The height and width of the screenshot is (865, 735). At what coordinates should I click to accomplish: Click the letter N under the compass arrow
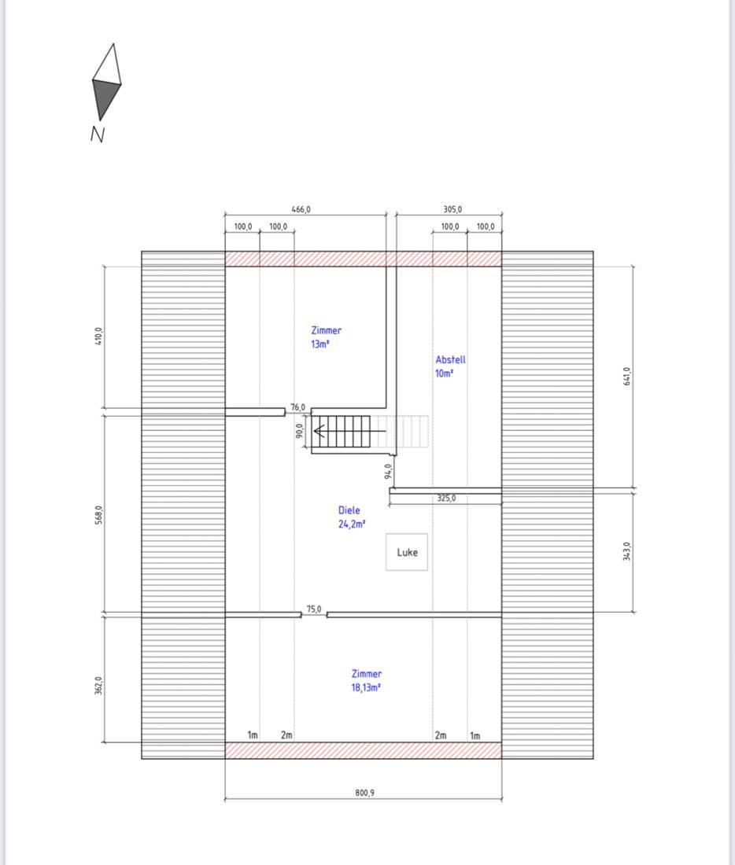click(x=98, y=134)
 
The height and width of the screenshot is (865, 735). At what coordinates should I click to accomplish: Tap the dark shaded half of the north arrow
click(x=104, y=98)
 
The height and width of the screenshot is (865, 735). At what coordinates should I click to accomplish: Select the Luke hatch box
click(x=406, y=552)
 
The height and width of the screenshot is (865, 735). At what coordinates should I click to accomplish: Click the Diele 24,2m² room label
click(x=352, y=517)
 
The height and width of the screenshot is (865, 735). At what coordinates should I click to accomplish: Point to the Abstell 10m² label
click(x=450, y=366)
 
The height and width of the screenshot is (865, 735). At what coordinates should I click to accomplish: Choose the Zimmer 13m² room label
click(x=326, y=337)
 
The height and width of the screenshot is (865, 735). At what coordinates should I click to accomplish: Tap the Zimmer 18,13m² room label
click(x=366, y=680)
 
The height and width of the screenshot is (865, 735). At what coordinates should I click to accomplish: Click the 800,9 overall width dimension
click(x=364, y=793)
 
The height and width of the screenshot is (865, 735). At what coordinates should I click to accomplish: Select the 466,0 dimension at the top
click(x=301, y=210)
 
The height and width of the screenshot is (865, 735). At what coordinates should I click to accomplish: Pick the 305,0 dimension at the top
click(x=452, y=210)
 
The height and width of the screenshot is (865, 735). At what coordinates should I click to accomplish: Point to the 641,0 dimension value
click(x=626, y=377)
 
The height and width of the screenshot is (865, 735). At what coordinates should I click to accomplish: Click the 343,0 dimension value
click(x=626, y=551)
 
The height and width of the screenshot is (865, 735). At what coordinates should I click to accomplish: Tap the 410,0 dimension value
click(x=99, y=337)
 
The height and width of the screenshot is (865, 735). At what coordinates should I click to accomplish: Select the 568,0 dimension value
click(x=99, y=515)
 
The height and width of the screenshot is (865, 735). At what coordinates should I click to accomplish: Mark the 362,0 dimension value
click(x=99, y=686)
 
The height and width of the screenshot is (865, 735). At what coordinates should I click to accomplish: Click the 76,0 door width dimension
click(x=297, y=407)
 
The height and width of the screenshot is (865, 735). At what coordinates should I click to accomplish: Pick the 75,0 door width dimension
click(x=314, y=609)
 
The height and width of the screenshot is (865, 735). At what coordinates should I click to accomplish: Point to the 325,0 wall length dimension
click(x=446, y=498)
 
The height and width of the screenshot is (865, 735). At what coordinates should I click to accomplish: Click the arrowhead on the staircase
click(x=319, y=431)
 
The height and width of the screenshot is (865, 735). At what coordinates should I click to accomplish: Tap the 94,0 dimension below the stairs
click(x=388, y=471)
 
